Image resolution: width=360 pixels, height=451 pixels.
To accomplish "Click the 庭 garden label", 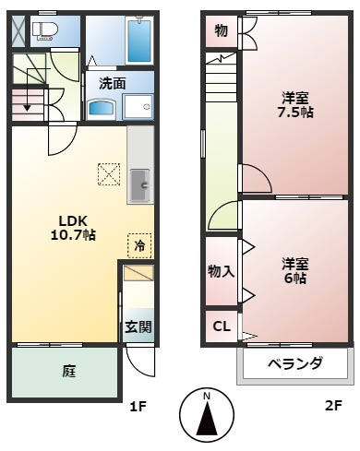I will [x=69, y=372].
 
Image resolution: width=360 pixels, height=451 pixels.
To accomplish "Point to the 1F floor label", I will [x=137, y=405].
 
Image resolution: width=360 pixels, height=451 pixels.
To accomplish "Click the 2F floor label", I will [x=332, y=405].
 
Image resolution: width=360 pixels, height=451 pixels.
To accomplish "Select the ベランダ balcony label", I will [x=295, y=363].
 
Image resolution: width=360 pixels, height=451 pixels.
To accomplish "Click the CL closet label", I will [x=222, y=326].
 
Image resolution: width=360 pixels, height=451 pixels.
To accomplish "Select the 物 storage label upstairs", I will [x=221, y=30].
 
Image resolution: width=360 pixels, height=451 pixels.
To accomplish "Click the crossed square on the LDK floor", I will [x=109, y=172].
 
